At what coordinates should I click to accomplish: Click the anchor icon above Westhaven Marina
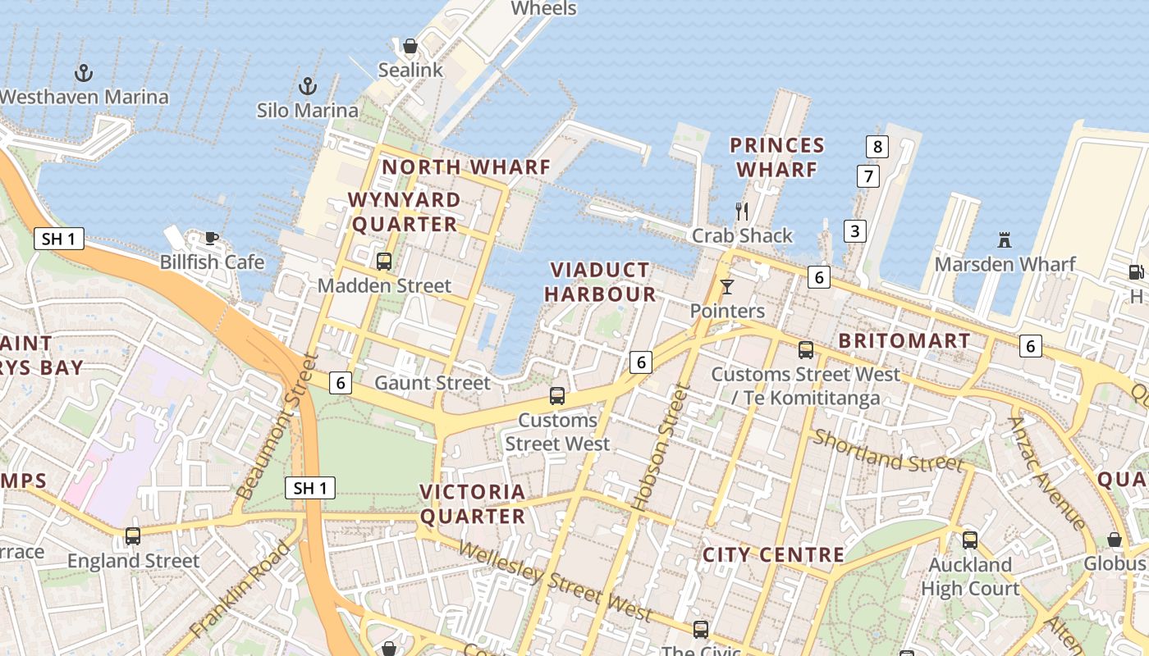(84, 73)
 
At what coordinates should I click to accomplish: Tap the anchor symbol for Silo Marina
(307, 86)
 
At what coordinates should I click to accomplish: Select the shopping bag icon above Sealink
(410, 46)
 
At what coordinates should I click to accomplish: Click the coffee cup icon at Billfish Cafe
(212, 239)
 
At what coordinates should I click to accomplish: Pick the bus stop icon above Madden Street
(383, 262)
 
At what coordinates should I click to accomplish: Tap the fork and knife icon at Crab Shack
(742, 212)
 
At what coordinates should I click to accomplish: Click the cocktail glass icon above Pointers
(727, 287)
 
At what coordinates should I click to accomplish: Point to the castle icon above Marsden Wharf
(1004, 240)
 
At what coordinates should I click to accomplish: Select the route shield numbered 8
(877, 147)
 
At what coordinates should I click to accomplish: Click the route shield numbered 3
(855, 231)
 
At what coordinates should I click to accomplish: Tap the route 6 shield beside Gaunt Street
(341, 382)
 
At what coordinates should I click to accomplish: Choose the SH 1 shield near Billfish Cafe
(59, 239)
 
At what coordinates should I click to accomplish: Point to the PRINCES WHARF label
(776, 157)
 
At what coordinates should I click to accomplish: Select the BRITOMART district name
(904, 340)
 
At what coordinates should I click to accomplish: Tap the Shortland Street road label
(888, 451)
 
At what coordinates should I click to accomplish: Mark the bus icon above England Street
(133, 536)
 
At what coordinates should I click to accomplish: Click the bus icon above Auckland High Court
(970, 540)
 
